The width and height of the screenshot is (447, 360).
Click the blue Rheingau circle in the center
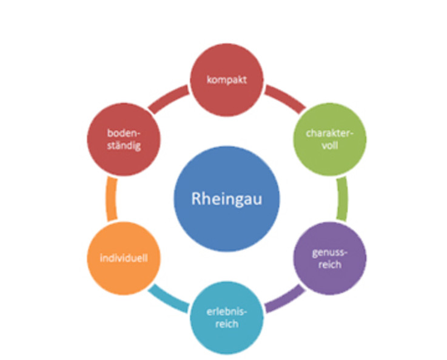click(227, 199)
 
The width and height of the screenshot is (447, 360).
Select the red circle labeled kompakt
click(227, 80)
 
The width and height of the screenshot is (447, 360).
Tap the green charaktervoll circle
click(330, 139)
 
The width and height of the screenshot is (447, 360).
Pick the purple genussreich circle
click(330, 258)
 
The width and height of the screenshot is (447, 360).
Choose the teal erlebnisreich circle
click(227, 318)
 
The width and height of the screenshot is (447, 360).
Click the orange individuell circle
click(124, 258)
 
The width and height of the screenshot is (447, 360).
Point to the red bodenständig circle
click(124, 139)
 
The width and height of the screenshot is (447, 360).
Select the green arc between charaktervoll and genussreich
click(343, 199)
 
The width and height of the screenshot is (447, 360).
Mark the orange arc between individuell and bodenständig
click(111, 199)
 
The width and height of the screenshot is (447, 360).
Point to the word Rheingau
click(227, 199)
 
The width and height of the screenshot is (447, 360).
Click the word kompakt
click(227, 80)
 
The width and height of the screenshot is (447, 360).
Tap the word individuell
click(124, 258)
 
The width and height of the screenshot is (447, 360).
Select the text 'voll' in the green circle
click(330, 145)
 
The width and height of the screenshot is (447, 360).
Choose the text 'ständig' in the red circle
click(124, 146)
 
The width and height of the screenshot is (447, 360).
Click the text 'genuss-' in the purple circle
click(330, 253)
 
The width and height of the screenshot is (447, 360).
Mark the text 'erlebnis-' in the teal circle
click(227, 312)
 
